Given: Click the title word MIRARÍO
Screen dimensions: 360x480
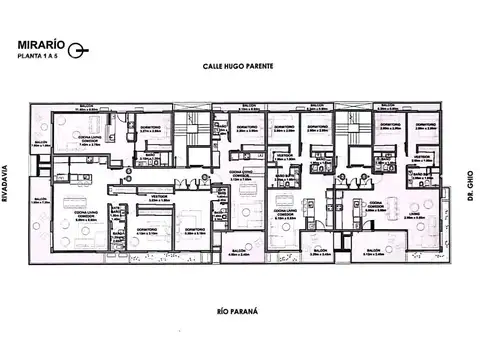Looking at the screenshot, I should click(40, 45).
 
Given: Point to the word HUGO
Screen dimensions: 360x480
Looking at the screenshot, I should click(236, 66).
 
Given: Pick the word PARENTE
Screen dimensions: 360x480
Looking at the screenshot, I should click(261, 66).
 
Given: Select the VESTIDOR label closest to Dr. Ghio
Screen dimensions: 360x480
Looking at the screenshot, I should click(421, 157).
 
